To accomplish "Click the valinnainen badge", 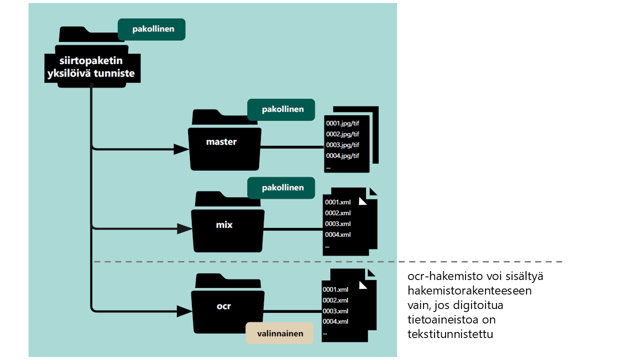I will [x=279, y=333].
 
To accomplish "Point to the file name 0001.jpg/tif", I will [x=342, y=123].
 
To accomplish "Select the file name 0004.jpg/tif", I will [x=342, y=156].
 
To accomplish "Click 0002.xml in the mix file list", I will [x=338, y=213].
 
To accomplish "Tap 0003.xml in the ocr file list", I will [x=335, y=311].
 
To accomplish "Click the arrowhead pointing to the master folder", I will [x=181, y=148].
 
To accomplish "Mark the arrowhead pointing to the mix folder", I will [x=184, y=229].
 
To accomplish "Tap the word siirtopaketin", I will [x=91, y=60].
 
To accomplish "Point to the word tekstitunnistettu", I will [x=450, y=334].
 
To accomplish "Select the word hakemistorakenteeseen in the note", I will [x=469, y=290].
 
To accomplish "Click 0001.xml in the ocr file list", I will [x=335, y=289].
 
